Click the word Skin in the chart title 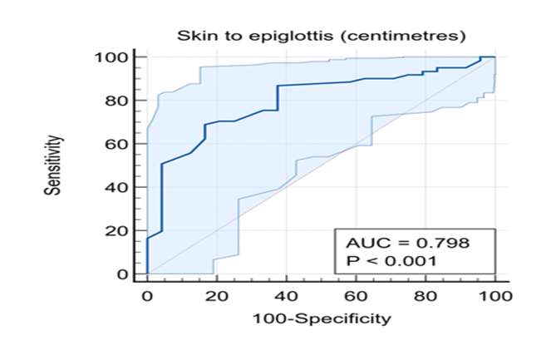194,36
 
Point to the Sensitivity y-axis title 53,165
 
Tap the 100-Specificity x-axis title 322,318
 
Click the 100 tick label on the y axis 111,57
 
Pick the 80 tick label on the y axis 116,101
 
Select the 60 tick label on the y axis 116,144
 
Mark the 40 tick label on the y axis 116,187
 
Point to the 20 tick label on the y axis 116,231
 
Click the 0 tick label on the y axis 122,274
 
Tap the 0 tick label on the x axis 147,296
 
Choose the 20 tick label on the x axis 217,296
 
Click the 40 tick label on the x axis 287,296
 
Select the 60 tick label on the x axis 356,296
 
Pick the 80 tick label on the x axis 426,296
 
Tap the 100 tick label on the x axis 495,296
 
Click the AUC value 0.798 443,244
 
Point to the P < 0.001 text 391,261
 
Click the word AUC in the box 364,244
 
